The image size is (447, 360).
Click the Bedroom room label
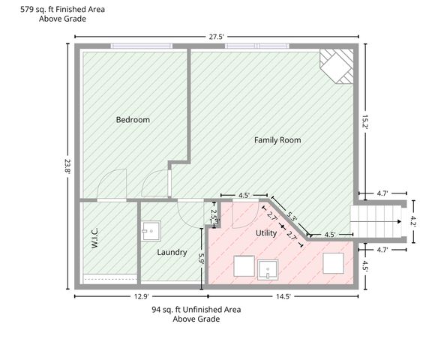click(133, 120)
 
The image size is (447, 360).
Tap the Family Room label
click(277, 140)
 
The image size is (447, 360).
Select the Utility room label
click(266, 233)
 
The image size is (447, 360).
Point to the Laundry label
click(172, 252)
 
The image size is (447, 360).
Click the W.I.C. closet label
click(94, 238)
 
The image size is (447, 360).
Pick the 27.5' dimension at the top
click(216, 37)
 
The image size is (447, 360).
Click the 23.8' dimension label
click(67, 166)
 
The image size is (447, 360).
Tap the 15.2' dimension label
click(365, 122)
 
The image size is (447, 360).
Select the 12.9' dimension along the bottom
click(142, 296)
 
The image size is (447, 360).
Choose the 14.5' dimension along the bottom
click(283, 296)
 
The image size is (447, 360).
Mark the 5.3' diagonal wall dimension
click(291, 217)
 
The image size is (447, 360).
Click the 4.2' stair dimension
click(413, 221)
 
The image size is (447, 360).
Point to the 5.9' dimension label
click(201, 259)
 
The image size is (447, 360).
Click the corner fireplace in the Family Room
click(337, 66)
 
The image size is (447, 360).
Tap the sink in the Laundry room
click(151, 231)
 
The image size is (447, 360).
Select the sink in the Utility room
click(268, 270)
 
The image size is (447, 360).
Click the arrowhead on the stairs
click(400, 221)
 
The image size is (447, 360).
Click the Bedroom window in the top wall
click(142, 46)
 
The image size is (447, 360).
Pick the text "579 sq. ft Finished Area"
click(62, 10)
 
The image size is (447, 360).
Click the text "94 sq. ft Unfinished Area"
click(196, 310)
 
